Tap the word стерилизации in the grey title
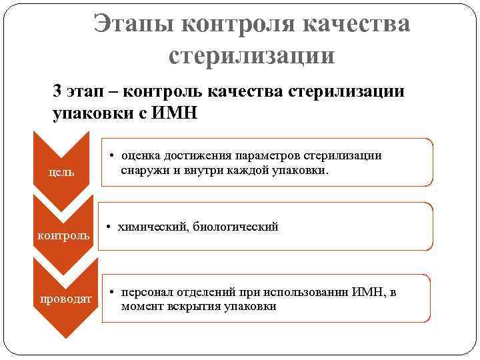(251, 55)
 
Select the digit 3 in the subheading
(58, 91)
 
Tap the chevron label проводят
(64, 299)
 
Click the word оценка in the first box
(141, 155)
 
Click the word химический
(152, 227)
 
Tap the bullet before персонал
(113, 293)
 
